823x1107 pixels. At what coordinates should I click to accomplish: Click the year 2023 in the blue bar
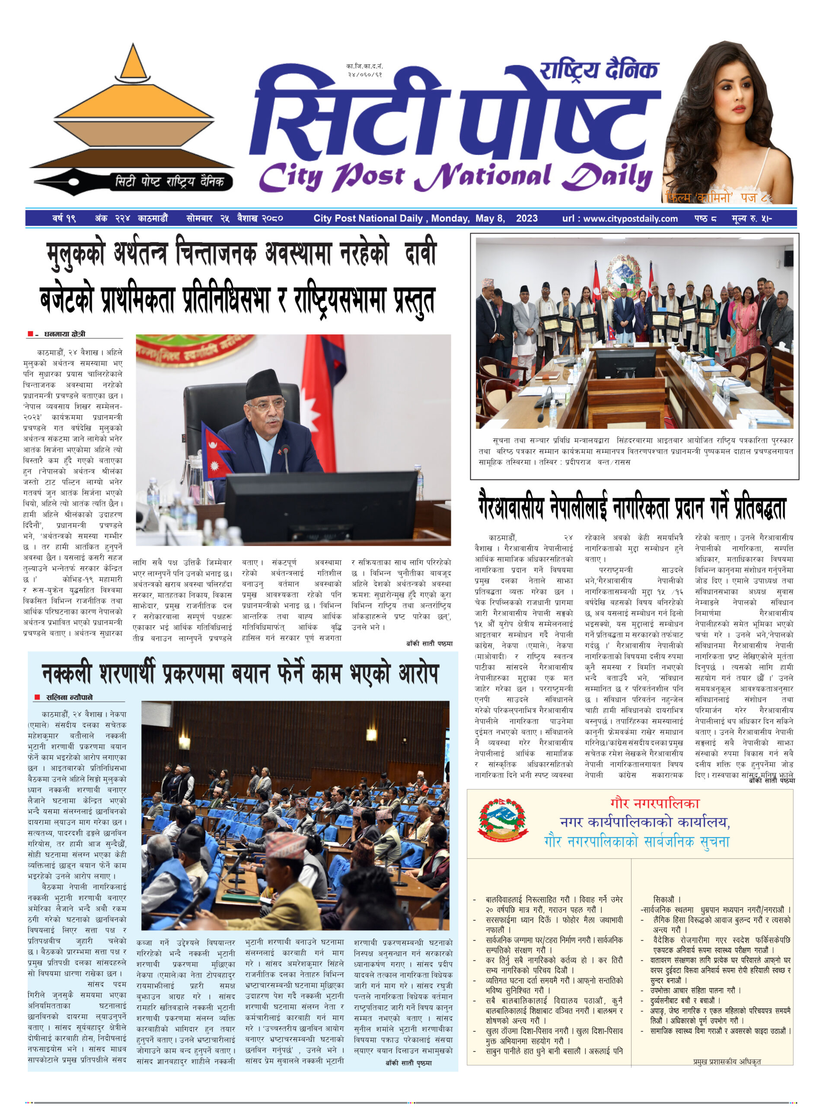526,218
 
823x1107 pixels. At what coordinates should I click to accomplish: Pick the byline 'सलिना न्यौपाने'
69,697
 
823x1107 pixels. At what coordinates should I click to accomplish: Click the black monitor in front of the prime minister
321,503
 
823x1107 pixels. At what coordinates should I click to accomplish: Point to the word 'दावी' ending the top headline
419,254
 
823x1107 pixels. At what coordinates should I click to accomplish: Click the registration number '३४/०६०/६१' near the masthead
365,74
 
